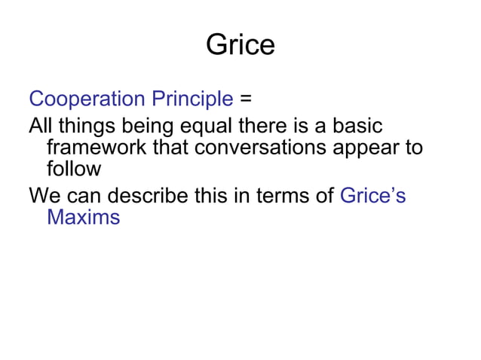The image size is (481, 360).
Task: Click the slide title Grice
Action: (240, 46)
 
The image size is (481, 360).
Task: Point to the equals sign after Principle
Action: (246, 99)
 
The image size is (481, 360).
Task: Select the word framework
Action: (96, 147)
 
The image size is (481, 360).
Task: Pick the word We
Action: (44, 196)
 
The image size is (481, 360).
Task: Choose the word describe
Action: (145, 196)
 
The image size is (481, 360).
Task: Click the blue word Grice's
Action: (372, 196)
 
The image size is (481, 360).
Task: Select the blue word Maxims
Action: (83, 218)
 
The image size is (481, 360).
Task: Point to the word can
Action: (83, 197)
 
